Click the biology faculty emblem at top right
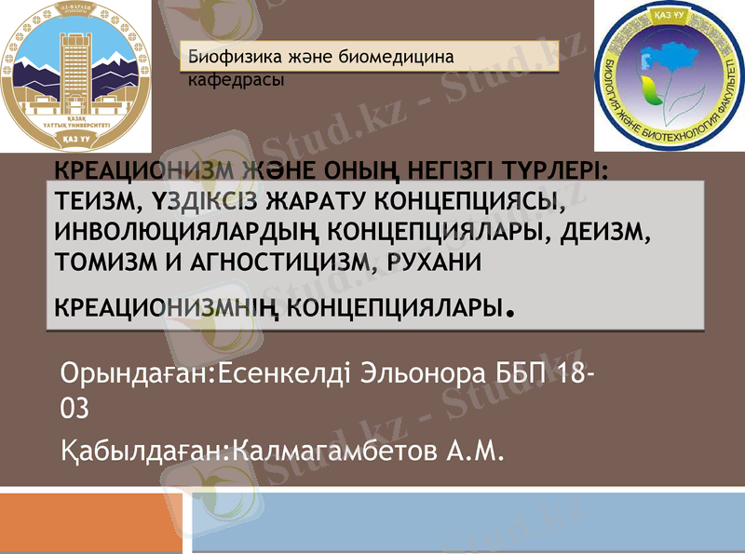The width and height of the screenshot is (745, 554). (670, 76)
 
